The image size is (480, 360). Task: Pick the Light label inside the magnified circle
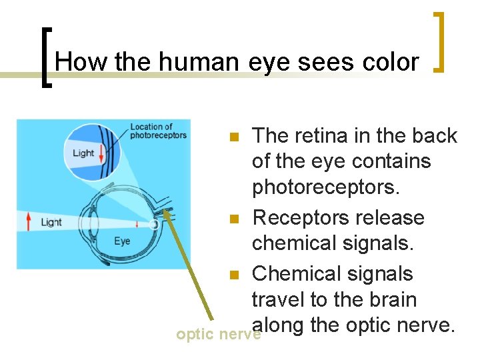click(83, 153)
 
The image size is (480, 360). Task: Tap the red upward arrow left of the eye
click(28, 221)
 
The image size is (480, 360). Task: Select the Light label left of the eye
click(51, 222)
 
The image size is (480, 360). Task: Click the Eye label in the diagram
click(121, 241)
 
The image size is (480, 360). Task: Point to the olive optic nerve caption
click(218, 334)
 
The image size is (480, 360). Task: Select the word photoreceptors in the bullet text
click(325, 188)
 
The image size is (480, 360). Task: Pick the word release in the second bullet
click(389, 217)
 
